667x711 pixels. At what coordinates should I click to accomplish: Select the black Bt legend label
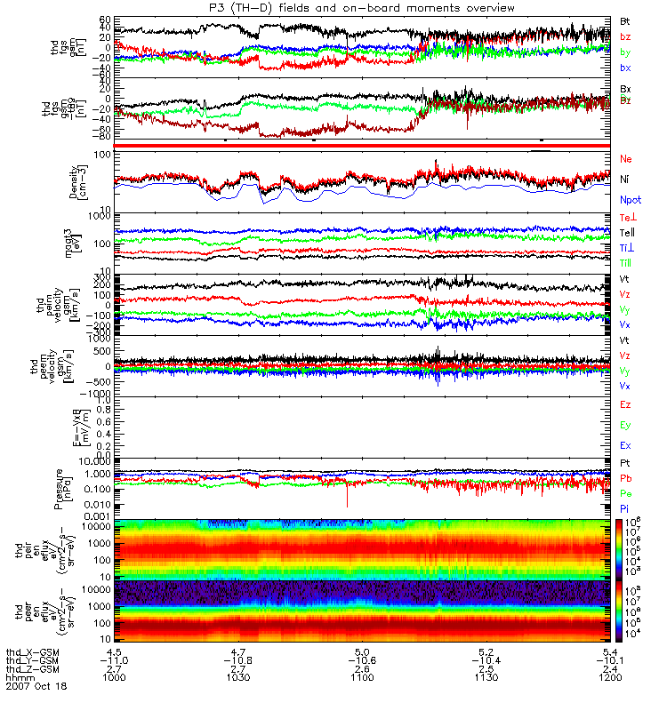pos(625,20)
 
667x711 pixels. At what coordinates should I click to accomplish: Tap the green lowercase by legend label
pos(625,52)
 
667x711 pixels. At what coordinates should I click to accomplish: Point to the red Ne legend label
pos(626,158)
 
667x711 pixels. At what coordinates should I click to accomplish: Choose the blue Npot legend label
pos(630,201)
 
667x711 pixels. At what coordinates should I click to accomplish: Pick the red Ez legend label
pos(625,405)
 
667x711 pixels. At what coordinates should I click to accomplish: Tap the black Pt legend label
pos(625,464)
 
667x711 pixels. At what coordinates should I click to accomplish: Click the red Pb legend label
pos(625,478)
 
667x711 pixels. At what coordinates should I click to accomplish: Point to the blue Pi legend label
pos(625,507)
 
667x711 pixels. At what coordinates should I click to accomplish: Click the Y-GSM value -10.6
pos(359,659)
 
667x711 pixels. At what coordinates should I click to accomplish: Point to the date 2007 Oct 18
pos(36,686)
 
